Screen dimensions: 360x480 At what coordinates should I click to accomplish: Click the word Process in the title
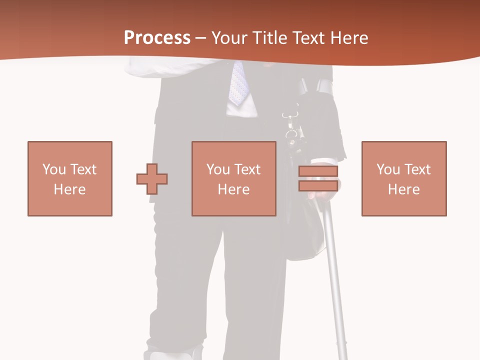pos(157,38)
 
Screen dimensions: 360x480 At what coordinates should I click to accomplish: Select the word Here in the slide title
pos(349,38)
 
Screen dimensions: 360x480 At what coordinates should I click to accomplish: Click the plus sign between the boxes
pos(152,178)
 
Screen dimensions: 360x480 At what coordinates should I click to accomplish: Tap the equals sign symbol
pos(318,178)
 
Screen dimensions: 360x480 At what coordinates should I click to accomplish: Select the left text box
pos(70,178)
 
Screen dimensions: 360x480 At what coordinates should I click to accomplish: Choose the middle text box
pos(234,178)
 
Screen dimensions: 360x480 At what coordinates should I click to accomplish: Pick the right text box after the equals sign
pos(404,178)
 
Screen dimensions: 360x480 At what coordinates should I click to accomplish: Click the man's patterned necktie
pos(238,82)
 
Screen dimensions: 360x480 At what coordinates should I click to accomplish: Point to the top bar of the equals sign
pos(318,171)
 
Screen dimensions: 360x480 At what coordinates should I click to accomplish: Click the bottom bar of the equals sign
pos(318,185)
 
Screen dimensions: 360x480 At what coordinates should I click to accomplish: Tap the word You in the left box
pos(53,169)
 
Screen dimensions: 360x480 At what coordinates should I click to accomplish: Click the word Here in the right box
pos(404,189)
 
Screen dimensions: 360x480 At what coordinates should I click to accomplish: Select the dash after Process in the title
pos(200,38)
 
